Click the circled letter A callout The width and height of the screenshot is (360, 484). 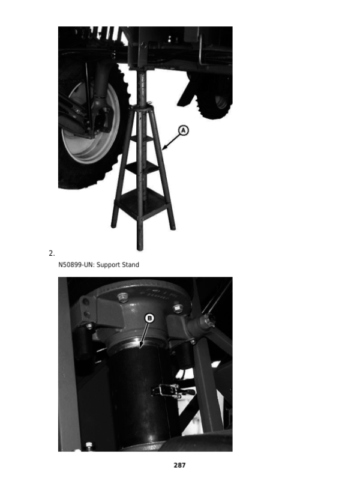183,130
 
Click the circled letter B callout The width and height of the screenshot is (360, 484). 149,318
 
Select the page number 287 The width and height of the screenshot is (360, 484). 179,465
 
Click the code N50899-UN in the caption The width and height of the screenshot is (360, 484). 76,265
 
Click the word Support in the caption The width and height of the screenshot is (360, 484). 108,265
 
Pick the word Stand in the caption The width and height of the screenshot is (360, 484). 130,265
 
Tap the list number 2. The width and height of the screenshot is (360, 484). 52,253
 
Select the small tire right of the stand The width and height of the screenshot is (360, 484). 217,98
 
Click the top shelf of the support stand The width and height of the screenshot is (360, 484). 142,139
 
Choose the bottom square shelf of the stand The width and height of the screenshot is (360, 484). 142,204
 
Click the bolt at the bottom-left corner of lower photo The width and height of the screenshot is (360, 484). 89,446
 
